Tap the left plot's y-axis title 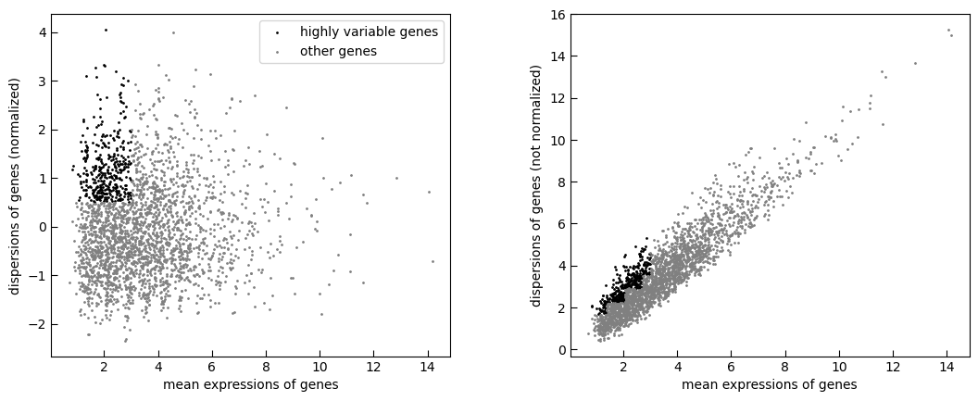click(x=14, y=186)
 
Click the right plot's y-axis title click(x=535, y=186)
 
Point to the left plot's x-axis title click(x=251, y=384)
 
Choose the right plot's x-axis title click(x=770, y=384)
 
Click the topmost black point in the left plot click(x=106, y=30)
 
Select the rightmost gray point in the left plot click(x=433, y=261)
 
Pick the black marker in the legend click(x=278, y=31)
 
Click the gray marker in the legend click(x=278, y=52)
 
